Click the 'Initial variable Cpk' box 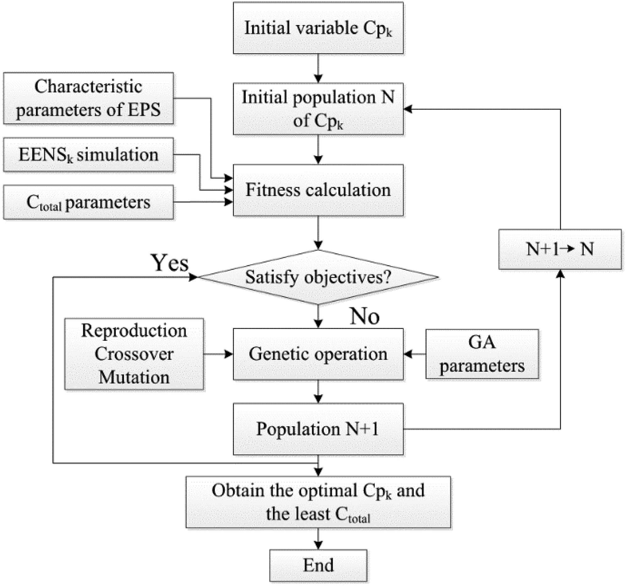point(318,28)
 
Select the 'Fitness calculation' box point(318,190)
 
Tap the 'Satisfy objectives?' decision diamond point(318,277)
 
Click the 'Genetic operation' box point(318,354)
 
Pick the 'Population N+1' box point(318,429)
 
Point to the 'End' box point(318,565)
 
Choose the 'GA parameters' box point(482,354)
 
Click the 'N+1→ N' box point(560,249)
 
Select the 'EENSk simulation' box point(88,155)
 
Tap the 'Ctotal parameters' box point(88,202)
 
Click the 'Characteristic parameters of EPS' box point(88,98)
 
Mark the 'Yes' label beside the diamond point(170,263)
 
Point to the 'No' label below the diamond point(365,316)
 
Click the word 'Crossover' point(134,354)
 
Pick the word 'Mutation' point(134,377)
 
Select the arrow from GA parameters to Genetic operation point(415,354)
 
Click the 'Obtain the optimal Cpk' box point(318,502)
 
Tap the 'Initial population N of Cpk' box point(318,109)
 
